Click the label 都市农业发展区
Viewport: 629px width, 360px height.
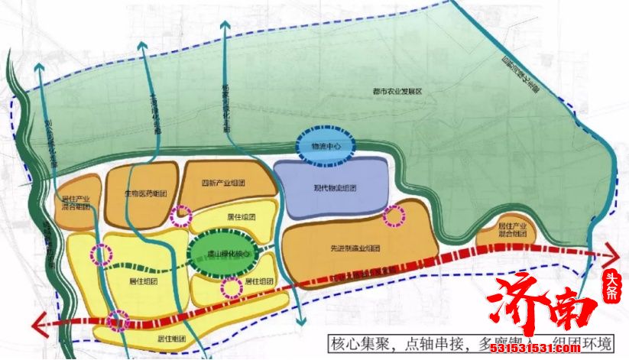point(393,91)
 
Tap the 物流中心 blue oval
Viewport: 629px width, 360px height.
point(324,145)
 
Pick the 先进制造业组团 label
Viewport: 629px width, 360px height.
point(355,248)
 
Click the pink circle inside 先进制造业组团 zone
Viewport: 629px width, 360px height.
point(394,217)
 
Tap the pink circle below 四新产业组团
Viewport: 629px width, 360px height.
point(181,216)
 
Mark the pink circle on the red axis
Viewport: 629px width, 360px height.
point(118,322)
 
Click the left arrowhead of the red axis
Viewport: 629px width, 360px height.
point(40,323)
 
